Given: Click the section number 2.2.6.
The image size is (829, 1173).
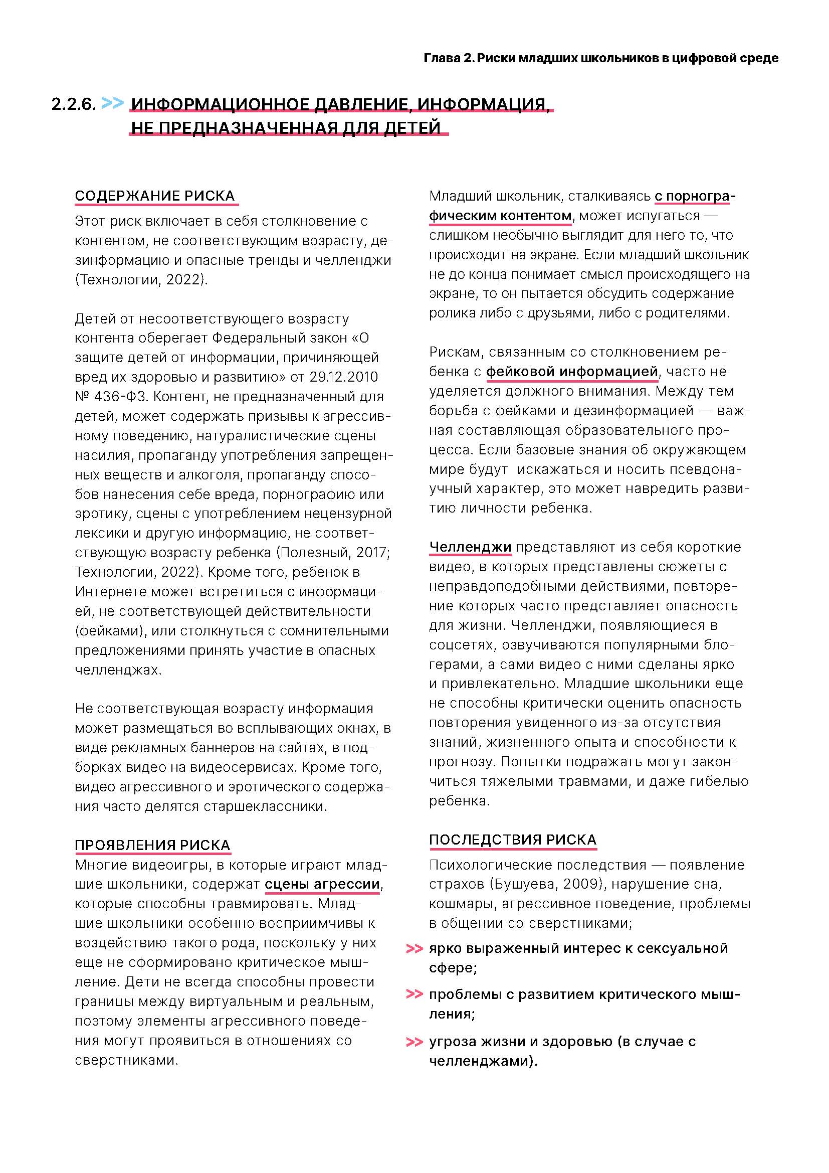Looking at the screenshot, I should pos(74,104).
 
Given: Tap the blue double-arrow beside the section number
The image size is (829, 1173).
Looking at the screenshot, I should pos(112,103).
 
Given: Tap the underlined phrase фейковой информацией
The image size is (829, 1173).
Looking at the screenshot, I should pos(571,372).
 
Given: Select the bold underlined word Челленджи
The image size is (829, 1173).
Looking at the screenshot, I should pos(470,547).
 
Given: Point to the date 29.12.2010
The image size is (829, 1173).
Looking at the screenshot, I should pos(343,377).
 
